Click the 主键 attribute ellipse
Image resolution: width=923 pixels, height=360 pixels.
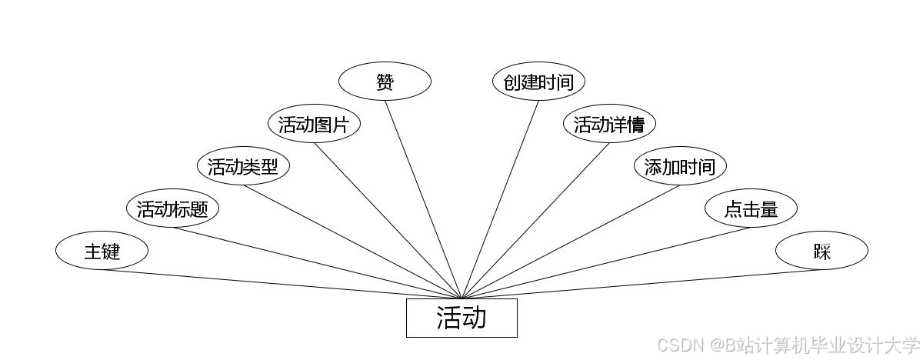click(x=102, y=251)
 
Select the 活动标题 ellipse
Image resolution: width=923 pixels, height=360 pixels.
click(x=172, y=208)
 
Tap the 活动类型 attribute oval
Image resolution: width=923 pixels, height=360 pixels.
click(x=243, y=166)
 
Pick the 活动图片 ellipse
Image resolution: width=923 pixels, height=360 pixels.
click(x=314, y=125)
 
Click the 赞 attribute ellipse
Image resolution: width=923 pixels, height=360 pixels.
click(x=385, y=82)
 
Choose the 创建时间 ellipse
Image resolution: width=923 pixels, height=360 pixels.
click(x=538, y=82)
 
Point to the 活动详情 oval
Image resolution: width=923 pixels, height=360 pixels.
click(x=609, y=125)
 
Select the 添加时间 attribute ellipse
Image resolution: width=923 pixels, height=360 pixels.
click(x=680, y=166)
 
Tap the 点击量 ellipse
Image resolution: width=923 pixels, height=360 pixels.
click(x=751, y=208)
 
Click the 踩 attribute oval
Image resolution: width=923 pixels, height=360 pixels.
click(x=821, y=251)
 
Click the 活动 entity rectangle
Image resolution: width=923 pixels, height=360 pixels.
click(x=461, y=318)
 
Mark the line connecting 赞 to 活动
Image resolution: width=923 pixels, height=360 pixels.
click(x=423, y=199)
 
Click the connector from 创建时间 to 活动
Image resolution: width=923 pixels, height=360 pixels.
click(x=500, y=199)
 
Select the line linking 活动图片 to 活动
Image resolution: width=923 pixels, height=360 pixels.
click(x=388, y=221)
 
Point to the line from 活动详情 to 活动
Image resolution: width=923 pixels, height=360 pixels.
click(x=535, y=221)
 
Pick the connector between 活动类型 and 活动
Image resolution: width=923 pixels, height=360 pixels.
click(x=352, y=242)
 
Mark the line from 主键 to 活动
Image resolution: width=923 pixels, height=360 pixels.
click(x=282, y=284)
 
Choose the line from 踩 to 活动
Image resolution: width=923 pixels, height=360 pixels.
click(x=641, y=284)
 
